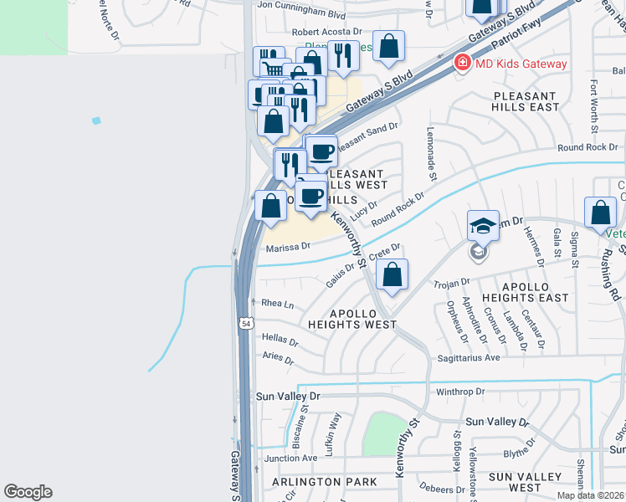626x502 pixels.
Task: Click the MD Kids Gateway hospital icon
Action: click(x=461, y=63)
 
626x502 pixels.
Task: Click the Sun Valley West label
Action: click(x=525, y=482)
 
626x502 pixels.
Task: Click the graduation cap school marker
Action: click(x=483, y=226)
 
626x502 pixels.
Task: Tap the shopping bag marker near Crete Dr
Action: click(x=392, y=274)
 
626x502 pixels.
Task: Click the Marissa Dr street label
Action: click(x=288, y=247)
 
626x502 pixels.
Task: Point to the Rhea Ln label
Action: click(x=278, y=304)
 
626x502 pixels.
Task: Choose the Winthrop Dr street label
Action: click(x=460, y=392)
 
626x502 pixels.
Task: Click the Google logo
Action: click(x=28, y=492)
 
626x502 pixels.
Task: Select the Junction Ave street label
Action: click(x=290, y=458)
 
